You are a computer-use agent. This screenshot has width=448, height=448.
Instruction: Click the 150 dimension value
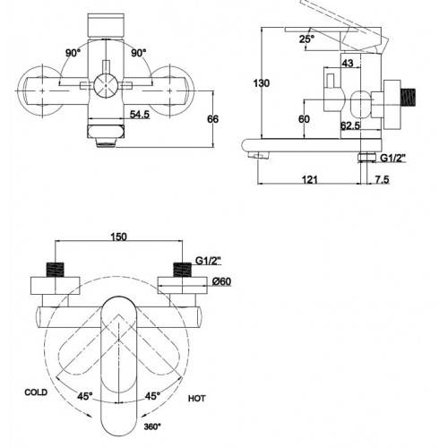point(119,237)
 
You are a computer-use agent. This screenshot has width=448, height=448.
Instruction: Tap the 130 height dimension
point(262,83)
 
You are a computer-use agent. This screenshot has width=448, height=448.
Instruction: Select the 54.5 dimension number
point(140,114)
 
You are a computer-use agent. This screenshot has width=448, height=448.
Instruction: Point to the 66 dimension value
point(212,119)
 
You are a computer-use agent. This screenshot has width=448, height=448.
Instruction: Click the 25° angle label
point(306,39)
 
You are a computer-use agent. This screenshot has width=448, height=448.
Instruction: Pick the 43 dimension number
point(347,63)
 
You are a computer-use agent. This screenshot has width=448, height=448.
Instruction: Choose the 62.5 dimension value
point(350,125)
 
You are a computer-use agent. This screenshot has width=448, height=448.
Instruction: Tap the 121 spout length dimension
point(310,179)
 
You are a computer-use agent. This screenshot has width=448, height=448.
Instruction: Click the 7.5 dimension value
point(382,179)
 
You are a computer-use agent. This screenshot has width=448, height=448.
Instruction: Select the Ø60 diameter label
point(221,281)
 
